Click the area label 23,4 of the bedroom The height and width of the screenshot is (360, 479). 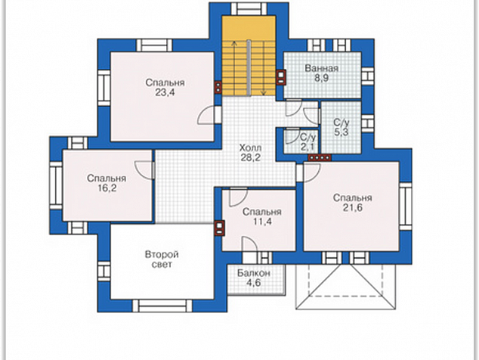(165, 92)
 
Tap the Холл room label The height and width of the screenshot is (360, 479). (250, 148)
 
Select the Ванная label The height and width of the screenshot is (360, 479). (322, 68)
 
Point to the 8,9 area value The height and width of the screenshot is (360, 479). (321, 78)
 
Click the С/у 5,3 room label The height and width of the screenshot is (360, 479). (341, 128)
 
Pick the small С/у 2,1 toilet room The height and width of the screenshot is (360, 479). (307, 141)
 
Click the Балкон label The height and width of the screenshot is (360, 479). (254, 273)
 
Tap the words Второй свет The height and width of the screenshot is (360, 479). (162, 259)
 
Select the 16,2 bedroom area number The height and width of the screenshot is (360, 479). (107, 188)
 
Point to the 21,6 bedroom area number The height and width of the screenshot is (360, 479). (353, 208)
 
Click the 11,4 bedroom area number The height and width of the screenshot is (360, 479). (262, 222)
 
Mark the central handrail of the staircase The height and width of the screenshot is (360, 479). (249, 67)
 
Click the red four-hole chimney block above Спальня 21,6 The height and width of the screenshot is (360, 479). (320, 158)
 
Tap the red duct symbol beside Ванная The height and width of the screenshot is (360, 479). (281, 77)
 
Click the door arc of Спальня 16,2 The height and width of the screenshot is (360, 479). (143, 169)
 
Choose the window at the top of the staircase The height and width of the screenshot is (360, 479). (249, 8)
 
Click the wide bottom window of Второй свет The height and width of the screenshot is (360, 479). (162, 306)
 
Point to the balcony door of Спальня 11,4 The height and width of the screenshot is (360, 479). (249, 244)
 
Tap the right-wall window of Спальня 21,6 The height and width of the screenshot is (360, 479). (406, 206)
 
